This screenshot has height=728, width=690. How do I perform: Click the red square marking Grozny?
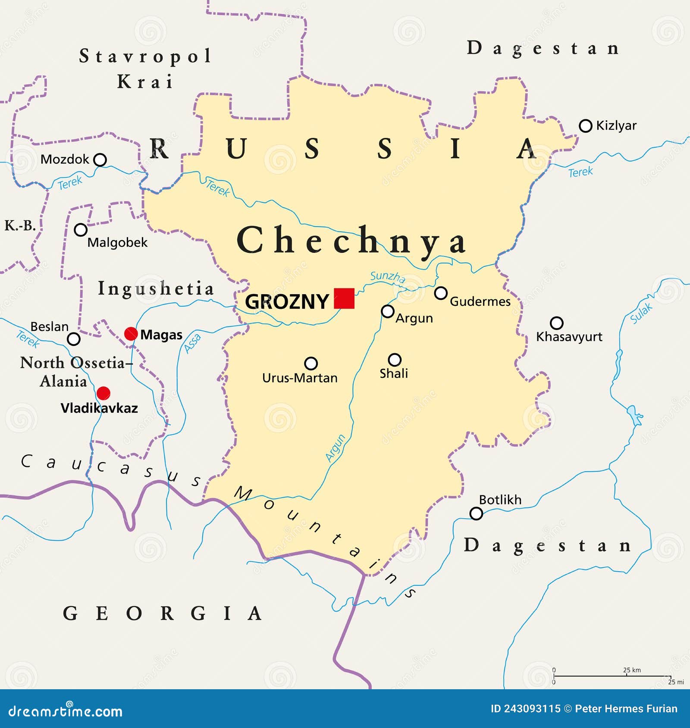pyautogui.click(x=344, y=299)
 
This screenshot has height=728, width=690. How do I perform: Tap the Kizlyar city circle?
pyautogui.click(x=585, y=126)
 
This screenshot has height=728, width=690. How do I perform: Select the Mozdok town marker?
pyautogui.click(x=100, y=160)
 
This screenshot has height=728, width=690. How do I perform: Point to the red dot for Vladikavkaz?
pyautogui.click(x=103, y=393)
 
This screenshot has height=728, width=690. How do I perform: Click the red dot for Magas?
pyautogui.click(x=131, y=334)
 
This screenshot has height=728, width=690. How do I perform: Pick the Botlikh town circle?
pyautogui.click(x=476, y=513)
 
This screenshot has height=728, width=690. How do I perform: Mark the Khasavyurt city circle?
pyautogui.click(x=557, y=323)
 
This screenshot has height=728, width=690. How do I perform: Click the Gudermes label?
pyautogui.click(x=480, y=302)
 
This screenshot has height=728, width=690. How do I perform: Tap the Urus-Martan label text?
pyautogui.click(x=300, y=378)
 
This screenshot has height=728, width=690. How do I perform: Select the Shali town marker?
pyautogui.click(x=395, y=360)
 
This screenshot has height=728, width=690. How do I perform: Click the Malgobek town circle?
pyautogui.click(x=81, y=230)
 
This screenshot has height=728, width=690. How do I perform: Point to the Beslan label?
pyautogui.click(x=49, y=327)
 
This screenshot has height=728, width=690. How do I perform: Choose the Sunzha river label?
pyautogui.click(x=388, y=277)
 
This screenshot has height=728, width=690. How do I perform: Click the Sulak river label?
pyautogui.click(x=641, y=313)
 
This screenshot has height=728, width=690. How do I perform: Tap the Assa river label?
pyautogui.click(x=192, y=343)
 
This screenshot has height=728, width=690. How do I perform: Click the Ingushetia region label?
pyautogui.click(x=156, y=288)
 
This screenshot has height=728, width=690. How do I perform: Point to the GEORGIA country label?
pyautogui.click(x=162, y=613)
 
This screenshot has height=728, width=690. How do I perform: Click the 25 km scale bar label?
pyautogui.click(x=632, y=670)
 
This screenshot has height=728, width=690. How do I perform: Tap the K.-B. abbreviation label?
pyautogui.click(x=20, y=225)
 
